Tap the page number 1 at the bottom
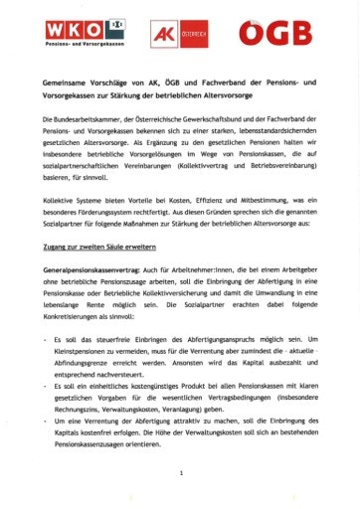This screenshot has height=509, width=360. pos(180,474)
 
